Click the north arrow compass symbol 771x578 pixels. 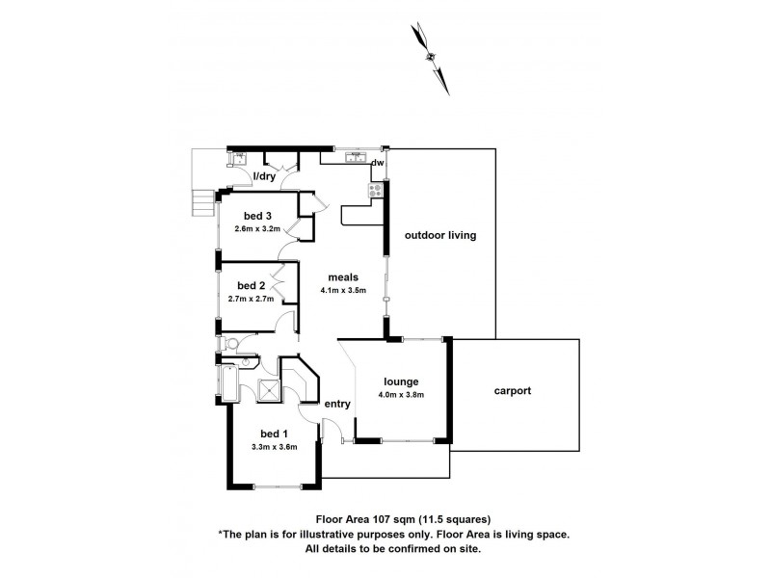pos(431,57)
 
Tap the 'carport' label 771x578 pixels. pos(514,391)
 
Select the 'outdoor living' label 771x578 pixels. pos(440,235)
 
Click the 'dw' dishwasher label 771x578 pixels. pos(378,163)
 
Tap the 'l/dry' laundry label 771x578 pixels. pos(264,177)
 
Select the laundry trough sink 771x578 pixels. pos(238,158)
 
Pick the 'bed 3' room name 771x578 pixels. pos(257,215)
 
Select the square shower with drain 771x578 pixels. pos(269,390)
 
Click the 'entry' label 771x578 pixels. pos(336,404)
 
